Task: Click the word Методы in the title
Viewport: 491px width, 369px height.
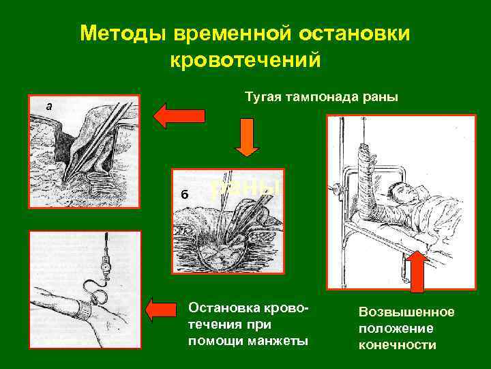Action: [x=120, y=33]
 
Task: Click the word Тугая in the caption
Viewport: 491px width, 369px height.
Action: [x=262, y=98]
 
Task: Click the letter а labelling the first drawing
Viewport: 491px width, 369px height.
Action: [x=48, y=106]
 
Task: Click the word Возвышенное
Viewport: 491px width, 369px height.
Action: [x=406, y=312]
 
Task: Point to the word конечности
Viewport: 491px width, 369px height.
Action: [x=398, y=344]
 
